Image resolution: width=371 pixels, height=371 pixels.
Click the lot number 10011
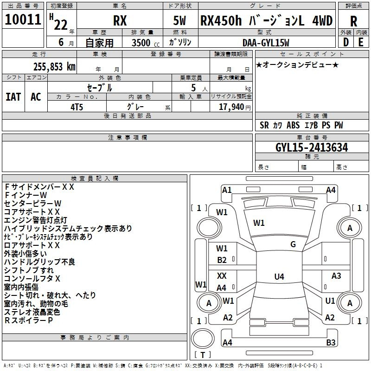coord(23,19)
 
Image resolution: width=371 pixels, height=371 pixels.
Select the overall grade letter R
coord(353,21)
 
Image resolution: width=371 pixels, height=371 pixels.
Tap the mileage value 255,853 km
coord(54,67)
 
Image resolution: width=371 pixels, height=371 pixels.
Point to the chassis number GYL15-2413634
coord(312,147)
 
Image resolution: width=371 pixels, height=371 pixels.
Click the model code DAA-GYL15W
coord(266,43)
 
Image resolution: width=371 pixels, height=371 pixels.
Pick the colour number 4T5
coord(77,107)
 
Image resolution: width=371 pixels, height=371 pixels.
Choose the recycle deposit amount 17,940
coord(231,107)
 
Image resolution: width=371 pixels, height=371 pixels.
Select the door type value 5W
coord(179,21)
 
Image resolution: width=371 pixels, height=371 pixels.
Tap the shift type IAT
coord(13,97)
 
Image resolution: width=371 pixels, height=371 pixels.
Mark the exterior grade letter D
coord(346,42)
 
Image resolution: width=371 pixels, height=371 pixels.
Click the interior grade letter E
coord(361,42)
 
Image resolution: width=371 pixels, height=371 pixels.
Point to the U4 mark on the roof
coord(279,276)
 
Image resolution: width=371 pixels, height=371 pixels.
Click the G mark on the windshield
coord(293,244)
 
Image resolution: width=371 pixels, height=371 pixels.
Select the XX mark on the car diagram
coord(222,275)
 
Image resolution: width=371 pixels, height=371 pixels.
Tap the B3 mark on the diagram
coord(331,342)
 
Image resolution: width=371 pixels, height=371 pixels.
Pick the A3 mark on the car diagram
coord(336,275)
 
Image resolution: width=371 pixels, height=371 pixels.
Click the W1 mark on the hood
coord(259,223)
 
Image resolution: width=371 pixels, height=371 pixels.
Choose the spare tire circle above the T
coord(203,339)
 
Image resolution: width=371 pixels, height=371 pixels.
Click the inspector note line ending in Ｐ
coord(28,320)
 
